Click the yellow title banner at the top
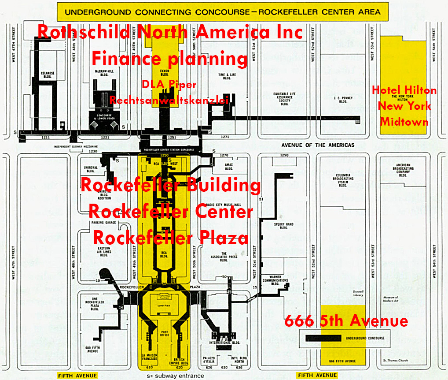[222, 12]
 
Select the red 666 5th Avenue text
[346, 321]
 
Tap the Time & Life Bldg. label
[224, 77]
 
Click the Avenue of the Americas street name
[318, 145]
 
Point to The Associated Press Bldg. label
[224, 256]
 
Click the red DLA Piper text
[169, 85]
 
